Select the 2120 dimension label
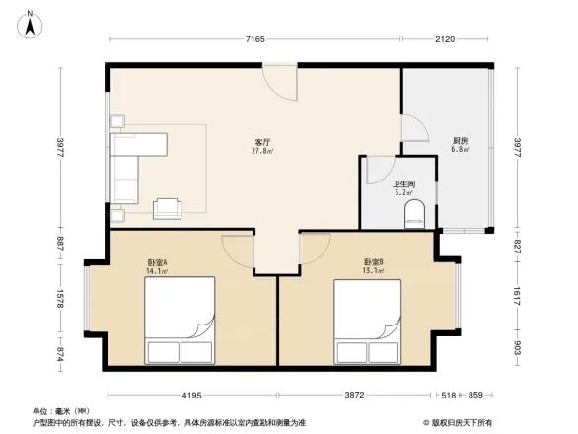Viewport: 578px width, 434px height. pyautogui.click(x=443, y=39)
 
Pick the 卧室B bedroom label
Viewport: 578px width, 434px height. pyautogui.click(x=373, y=261)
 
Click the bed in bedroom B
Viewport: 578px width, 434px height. pyautogui.click(x=368, y=322)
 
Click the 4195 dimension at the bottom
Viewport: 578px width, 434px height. pyautogui.click(x=192, y=395)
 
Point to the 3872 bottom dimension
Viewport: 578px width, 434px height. pyautogui.click(x=355, y=395)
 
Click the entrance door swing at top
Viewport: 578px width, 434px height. pyautogui.click(x=280, y=81)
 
